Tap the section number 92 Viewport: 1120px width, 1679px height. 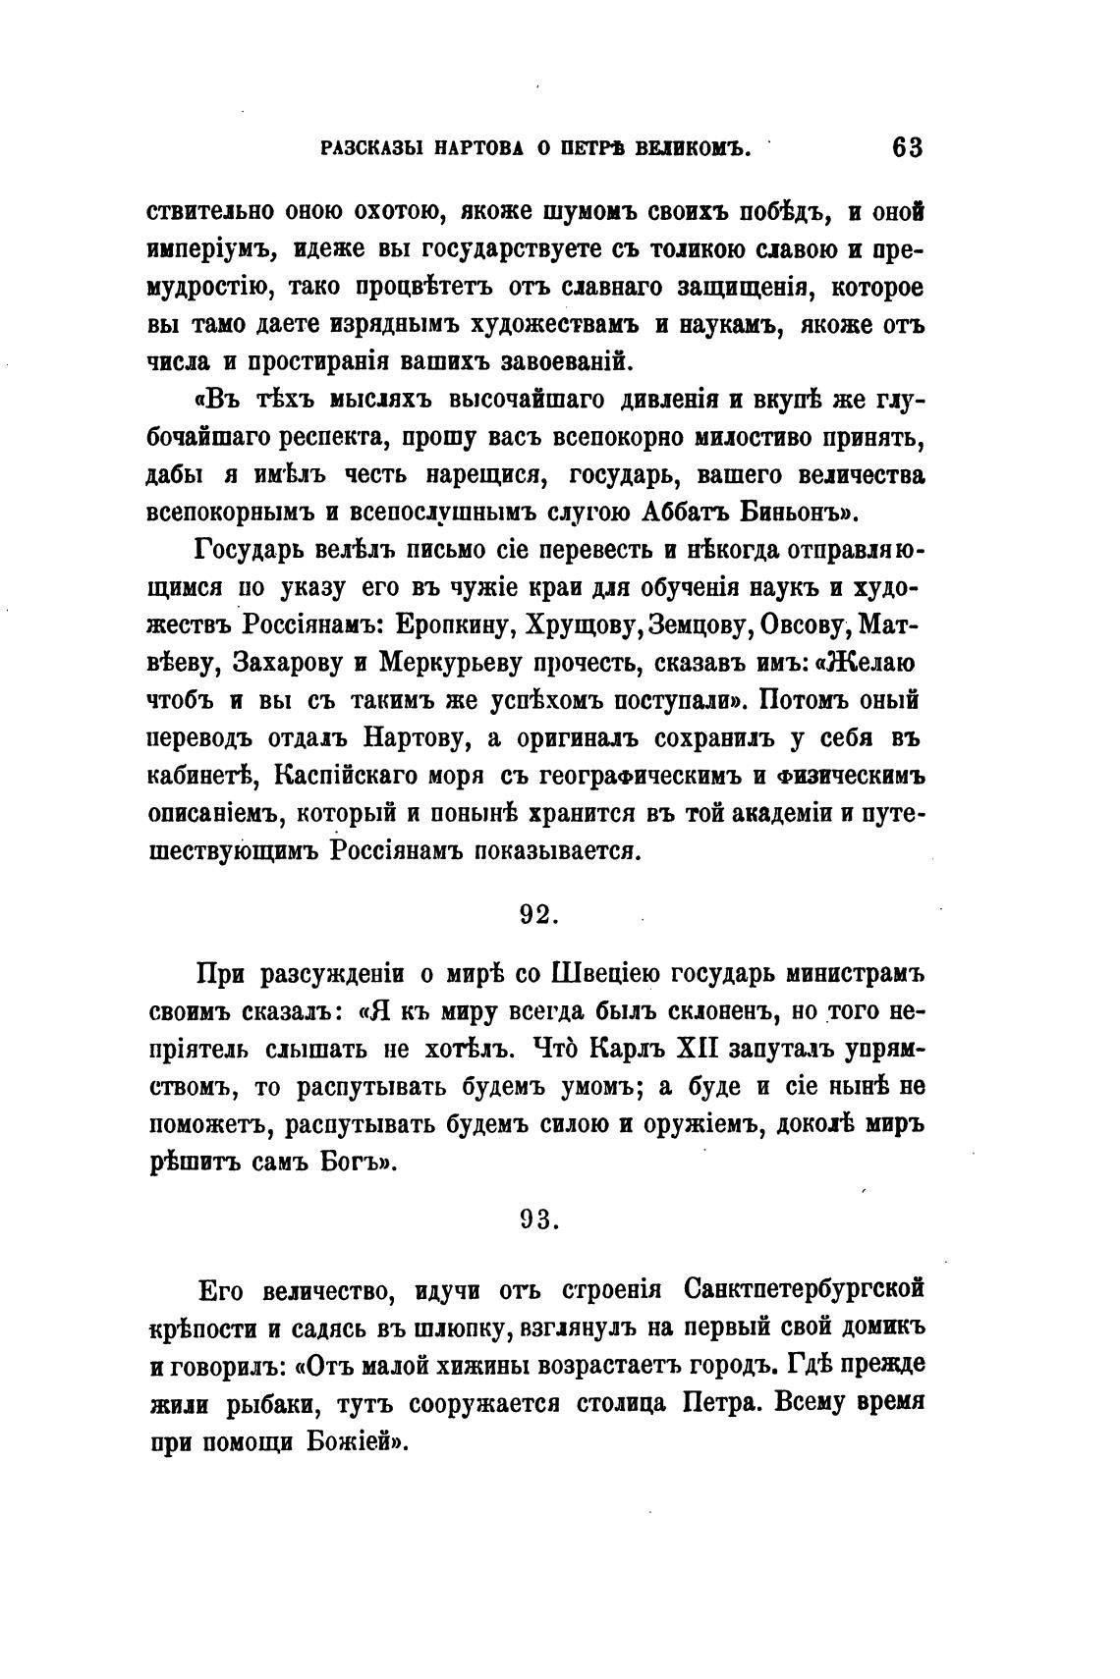coord(538,913)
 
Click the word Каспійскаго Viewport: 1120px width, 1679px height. coord(346,775)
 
